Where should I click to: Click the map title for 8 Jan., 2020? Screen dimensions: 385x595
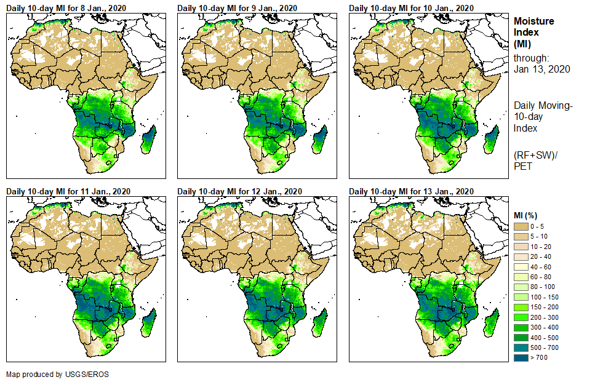(66, 7)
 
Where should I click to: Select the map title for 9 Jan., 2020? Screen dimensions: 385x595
(237, 7)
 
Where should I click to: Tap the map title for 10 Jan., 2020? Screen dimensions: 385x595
(411, 7)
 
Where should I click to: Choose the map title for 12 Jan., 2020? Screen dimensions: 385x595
(239, 191)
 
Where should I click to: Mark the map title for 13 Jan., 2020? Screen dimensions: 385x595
(411, 191)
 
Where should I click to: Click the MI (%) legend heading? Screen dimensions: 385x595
(527, 215)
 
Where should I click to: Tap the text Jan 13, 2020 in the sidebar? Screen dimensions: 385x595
(541, 69)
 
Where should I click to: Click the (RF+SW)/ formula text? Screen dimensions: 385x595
(535, 154)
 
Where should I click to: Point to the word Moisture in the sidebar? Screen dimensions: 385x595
(534, 21)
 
